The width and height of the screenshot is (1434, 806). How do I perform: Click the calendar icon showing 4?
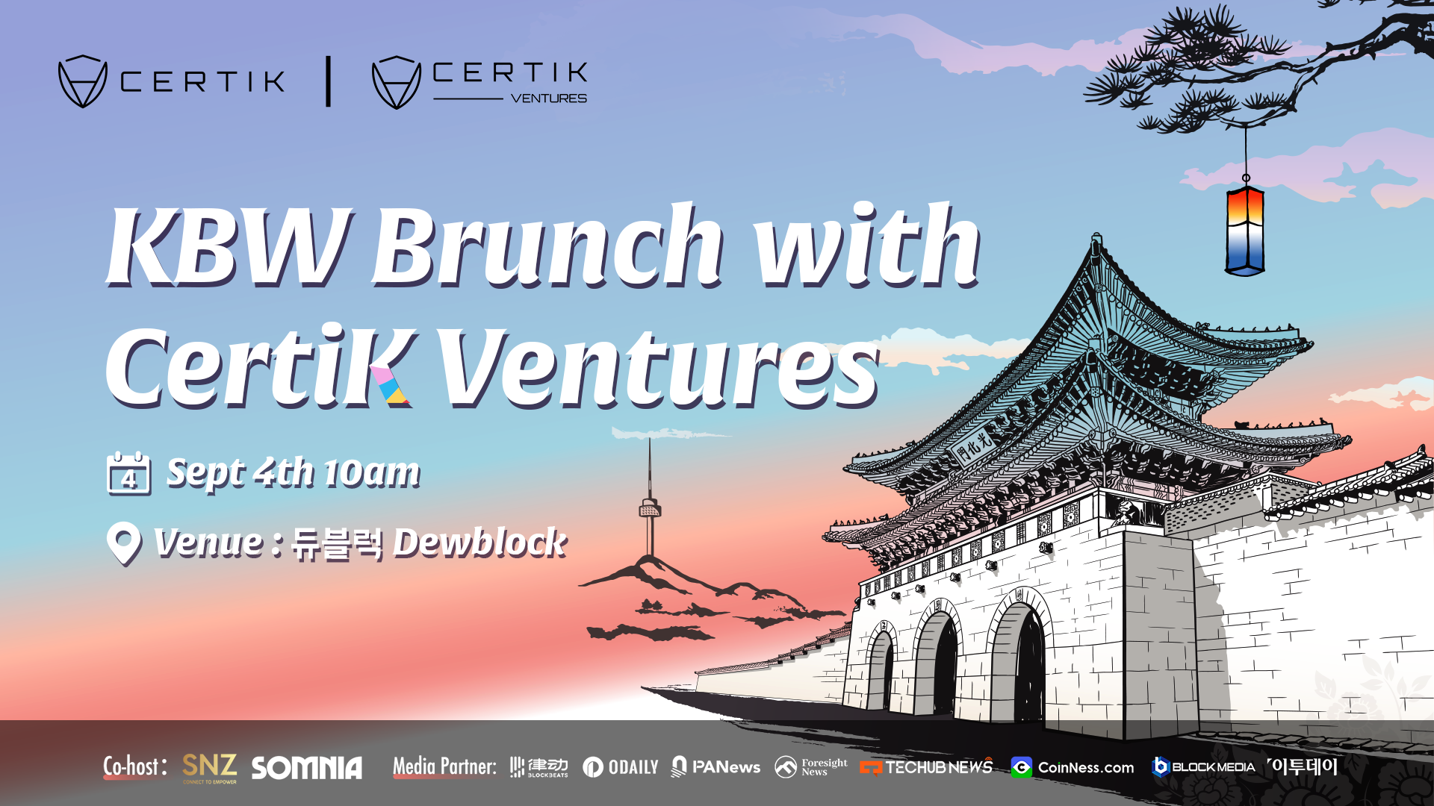[128, 473]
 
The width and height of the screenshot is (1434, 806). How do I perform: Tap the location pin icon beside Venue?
[124, 543]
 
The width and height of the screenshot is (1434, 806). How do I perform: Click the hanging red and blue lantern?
[1244, 230]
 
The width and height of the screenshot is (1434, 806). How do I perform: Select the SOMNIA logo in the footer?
[307, 768]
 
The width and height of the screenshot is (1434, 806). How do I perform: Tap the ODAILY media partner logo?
[621, 767]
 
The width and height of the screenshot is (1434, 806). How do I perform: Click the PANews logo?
[716, 767]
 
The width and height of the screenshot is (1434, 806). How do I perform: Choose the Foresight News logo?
[811, 767]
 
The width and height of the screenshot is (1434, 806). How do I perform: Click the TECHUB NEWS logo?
[926, 767]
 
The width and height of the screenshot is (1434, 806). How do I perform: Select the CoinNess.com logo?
[1073, 767]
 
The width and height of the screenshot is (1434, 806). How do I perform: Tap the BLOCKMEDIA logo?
[1203, 766]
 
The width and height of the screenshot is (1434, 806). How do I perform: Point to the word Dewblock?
[479, 543]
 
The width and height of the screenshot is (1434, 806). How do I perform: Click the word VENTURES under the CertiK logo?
[549, 99]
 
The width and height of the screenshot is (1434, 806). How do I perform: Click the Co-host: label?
[135, 767]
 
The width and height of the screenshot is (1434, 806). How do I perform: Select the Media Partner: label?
[444, 766]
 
